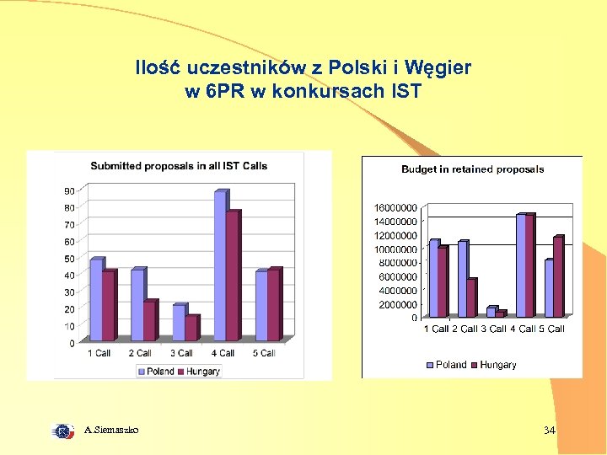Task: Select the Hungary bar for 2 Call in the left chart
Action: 149,321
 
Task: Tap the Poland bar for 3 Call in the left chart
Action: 179,323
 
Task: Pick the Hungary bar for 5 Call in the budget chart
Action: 557,277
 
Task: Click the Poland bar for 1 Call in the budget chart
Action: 433,279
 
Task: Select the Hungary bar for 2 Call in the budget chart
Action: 471,298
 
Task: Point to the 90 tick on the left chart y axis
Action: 69,190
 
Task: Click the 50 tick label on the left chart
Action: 69,258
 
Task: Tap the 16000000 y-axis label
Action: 395,207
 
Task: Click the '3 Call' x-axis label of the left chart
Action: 181,353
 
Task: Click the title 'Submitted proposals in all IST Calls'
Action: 179,166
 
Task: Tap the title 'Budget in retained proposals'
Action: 472,169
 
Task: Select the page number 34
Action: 550,431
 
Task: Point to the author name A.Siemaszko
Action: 112,431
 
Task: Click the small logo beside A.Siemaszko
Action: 63,431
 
